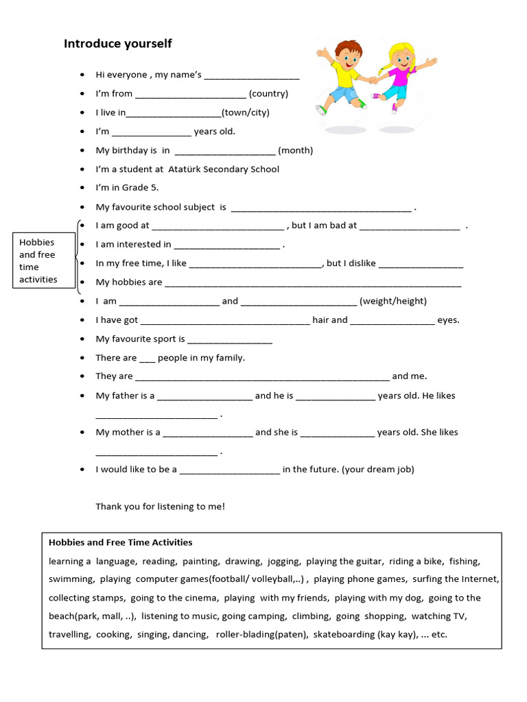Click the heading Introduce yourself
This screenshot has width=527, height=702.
117,44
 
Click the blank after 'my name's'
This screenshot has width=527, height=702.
252,76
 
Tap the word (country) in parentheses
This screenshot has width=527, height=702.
268,94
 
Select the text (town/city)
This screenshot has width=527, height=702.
245,112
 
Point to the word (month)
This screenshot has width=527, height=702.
295,150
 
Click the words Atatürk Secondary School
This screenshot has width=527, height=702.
224,169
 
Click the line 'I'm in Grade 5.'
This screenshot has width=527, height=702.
127,188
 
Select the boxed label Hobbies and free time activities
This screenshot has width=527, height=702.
38,261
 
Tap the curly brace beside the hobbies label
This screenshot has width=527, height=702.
77,257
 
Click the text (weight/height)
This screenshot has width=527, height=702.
393,301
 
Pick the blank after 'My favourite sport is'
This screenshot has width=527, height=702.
230,340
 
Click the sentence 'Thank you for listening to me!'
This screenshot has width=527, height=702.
160,507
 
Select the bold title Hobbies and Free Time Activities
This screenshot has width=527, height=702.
120,542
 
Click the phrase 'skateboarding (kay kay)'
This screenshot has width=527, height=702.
365,635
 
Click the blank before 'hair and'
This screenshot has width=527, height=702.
224,321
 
